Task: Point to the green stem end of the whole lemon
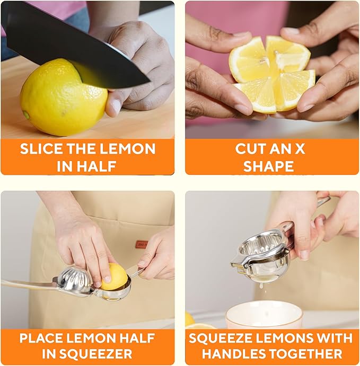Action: (x=26, y=114)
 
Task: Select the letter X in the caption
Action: (x=300, y=149)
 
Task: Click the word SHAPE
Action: (x=268, y=166)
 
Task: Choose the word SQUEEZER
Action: (x=101, y=354)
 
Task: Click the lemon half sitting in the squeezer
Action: (x=115, y=277)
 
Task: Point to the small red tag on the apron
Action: (x=142, y=244)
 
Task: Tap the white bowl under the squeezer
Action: (x=264, y=316)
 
